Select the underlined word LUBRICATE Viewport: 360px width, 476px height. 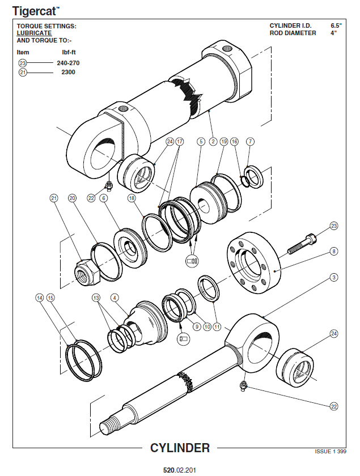click(x=34, y=33)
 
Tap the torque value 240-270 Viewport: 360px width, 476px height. click(x=67, y=63)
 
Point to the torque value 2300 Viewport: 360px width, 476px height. click(x=68, y=73)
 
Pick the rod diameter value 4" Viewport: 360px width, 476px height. click(x=333, y=33)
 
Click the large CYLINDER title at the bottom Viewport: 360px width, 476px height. click(x=180, y=448)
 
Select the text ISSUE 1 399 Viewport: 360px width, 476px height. click(x=330, y=451)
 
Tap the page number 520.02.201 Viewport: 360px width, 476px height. click(x=180, y=470)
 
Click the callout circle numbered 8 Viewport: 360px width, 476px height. click(x=334, y=250)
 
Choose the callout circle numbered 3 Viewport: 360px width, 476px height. click(x=334, y=277)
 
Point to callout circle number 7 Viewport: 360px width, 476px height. click(x=250, y=141)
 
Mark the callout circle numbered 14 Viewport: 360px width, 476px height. click(x=39, y=297)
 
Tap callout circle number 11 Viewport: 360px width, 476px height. click(x=217, y=327)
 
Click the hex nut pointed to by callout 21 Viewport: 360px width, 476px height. click(x=87, y=272)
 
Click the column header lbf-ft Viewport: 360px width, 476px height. click(x=68, y=52)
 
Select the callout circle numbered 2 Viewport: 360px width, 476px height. click(x=213, y=141)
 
